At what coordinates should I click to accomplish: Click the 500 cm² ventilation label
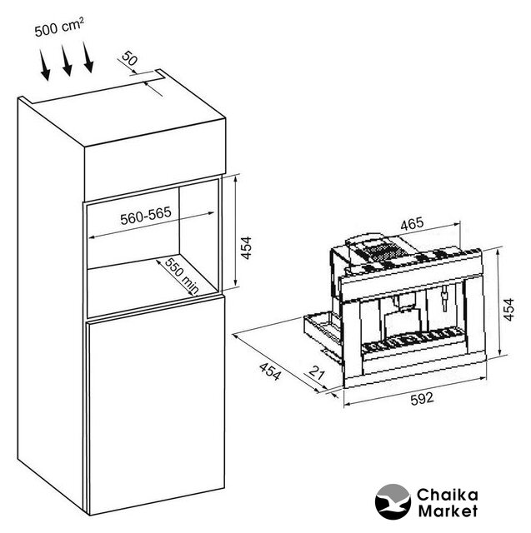pyautogui.click(x=59, y=27)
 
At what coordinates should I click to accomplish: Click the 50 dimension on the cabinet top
pyautogui.click(x=129, y=58)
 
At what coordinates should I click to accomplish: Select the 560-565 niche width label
pyautogui.click(x=146, y=216)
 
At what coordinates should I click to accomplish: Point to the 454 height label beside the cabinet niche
pyautogui.click(x=246, y=248)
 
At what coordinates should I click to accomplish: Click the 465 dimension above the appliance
pyautogui.click(x=412, y=224)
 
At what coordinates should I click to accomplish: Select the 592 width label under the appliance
pyautogui.click(x=422, y=398)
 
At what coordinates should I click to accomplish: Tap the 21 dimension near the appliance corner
pyautogui.click(x=317, y=374)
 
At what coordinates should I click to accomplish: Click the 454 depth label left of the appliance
pyautogui.click(x=270, y=371)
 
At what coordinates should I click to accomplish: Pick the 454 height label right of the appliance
pyautogui.click(x=508, y=309)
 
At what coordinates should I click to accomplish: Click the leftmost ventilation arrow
pyautogui.click(x=44, y=65)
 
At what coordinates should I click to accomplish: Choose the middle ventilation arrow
pyautogui.click(x=67, y=60)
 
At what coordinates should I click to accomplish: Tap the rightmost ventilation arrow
pyautogui.click(x=88, y=57)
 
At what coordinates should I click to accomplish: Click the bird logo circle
pyautogui.click(x=393, y=501)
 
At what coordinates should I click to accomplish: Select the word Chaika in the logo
pyautogui.click(x=448, y=495)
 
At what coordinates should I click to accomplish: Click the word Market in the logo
pyautogui.click(x=448, y=511)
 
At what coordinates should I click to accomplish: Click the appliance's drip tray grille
pyautogui.click(x=413, y=339)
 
